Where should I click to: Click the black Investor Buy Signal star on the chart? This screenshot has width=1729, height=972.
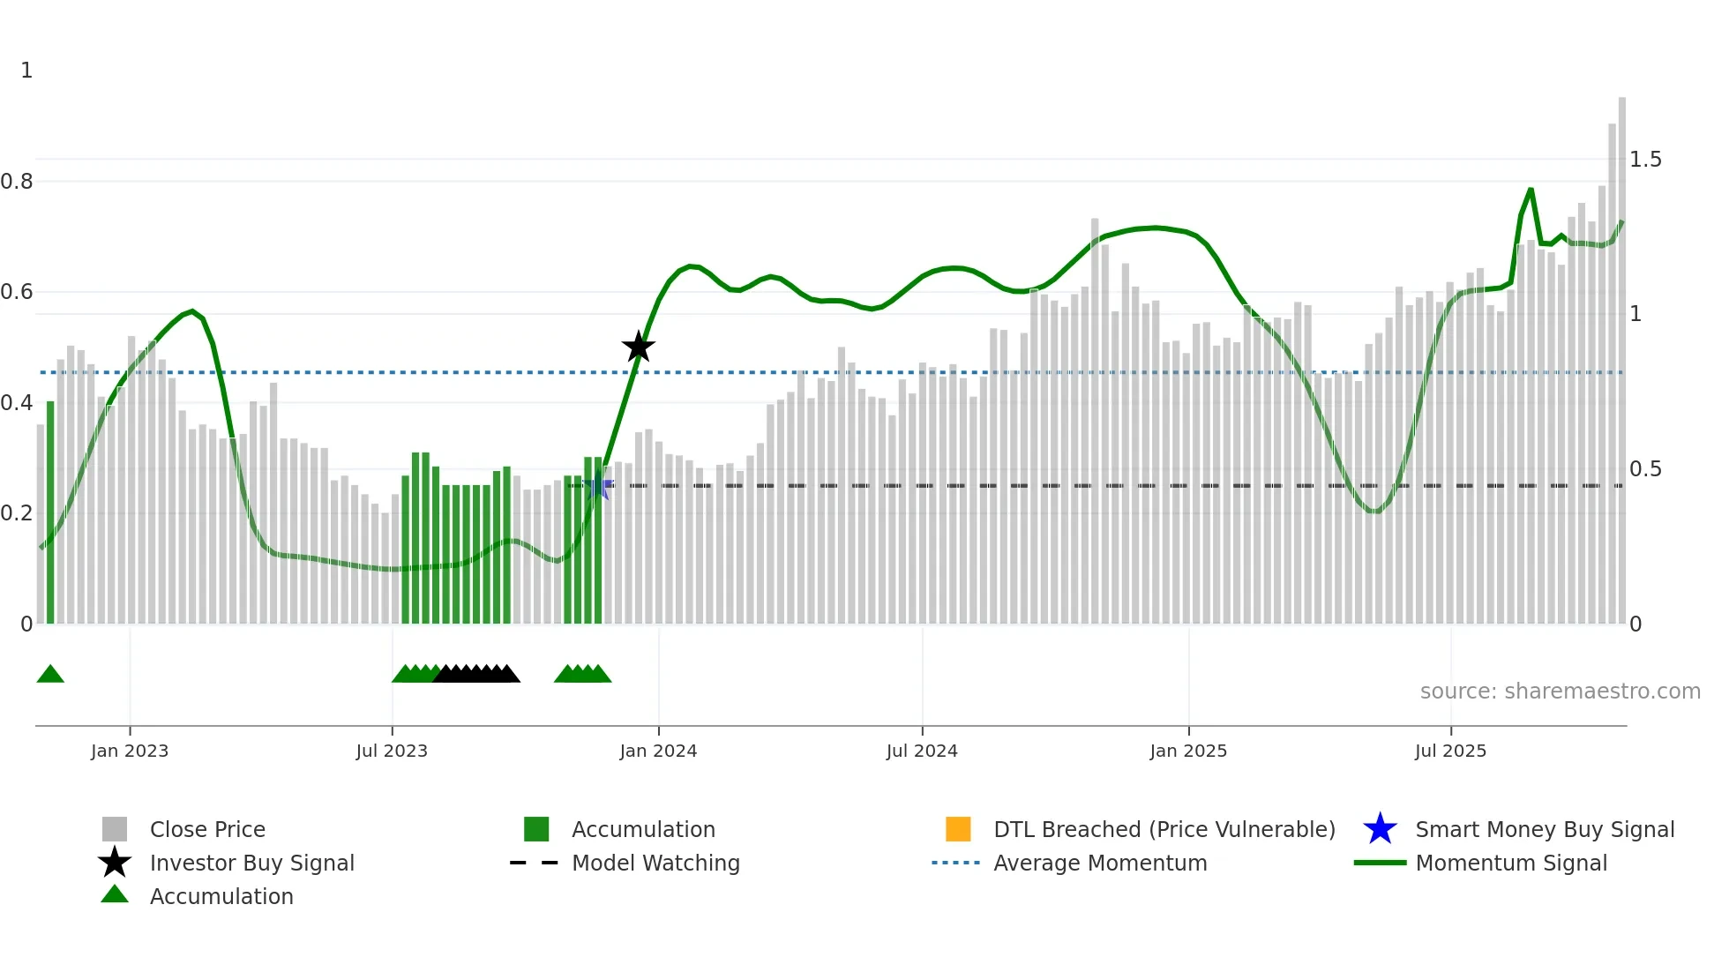[638, 347]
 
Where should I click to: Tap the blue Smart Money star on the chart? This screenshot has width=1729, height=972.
[598, 485]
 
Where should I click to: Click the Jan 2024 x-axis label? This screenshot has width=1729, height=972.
[658, 751]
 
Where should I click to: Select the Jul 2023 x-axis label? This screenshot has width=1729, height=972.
[392, 751]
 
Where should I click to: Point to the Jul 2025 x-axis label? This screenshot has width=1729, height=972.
[1450, 751]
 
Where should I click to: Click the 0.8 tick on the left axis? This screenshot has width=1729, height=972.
[18, 182]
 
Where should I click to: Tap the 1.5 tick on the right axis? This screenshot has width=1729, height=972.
[1645, 160]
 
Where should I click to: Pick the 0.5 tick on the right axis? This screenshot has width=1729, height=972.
[1645, 469]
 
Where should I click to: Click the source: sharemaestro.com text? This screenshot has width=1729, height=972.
[1560, 692]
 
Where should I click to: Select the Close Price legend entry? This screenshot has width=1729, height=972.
[207, 829]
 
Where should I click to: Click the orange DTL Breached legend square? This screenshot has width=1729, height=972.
[958, 829]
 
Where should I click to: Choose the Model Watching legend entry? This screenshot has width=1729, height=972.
[655, 863]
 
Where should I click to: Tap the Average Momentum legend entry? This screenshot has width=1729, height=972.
[1100, 863]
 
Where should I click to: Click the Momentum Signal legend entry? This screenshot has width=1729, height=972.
[1511, 863]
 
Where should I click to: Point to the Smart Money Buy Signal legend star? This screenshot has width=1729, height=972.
[1380, 829]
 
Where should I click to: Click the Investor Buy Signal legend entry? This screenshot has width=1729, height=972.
[251, 863]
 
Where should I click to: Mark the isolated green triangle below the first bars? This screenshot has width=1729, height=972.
[50, 675]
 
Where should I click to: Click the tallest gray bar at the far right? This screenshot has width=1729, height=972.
[1621, 353]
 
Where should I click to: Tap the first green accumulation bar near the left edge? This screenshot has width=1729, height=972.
[50, 512]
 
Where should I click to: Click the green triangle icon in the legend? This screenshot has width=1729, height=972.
[115, 894]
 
